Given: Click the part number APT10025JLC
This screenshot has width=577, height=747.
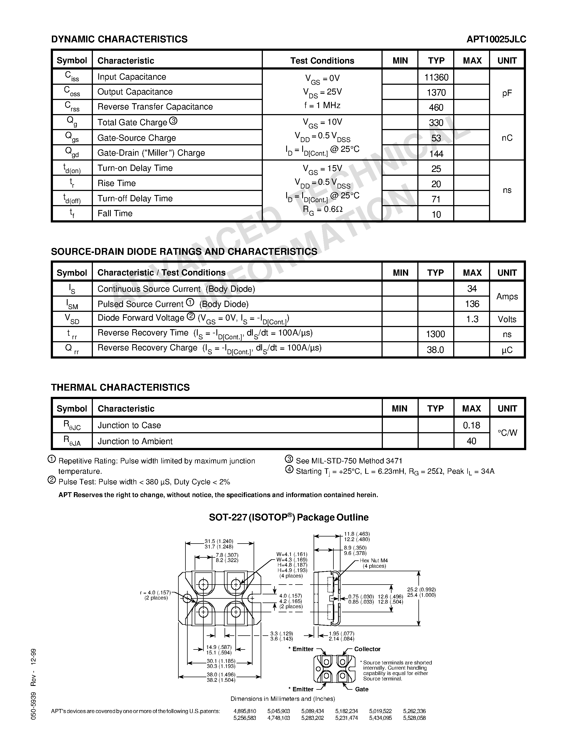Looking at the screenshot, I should point(496,39).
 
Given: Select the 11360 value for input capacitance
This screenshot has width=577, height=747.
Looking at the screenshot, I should point(436,77).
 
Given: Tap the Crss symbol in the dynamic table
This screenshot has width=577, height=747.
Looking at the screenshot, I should point(72,107).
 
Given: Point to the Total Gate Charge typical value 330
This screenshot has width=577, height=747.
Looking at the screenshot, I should point(436,123).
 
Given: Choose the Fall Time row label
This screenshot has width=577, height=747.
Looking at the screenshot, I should point(115,214).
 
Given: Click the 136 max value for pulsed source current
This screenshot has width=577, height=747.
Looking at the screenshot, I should point(472,304).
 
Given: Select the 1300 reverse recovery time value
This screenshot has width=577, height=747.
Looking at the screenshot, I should point(435,334).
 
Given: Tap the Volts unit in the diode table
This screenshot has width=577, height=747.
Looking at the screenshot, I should point(507,319).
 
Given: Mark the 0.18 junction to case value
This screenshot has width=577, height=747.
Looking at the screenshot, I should point(471,425).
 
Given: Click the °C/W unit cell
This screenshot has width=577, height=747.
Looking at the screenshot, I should point(507,433).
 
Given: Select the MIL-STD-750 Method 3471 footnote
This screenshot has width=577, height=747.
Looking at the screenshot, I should point(349,461).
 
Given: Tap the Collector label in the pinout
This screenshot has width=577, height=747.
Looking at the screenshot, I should point(367,649).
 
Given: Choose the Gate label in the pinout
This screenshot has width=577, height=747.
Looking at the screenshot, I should point(361,689).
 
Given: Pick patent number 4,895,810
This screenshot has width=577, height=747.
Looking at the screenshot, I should point(244,711).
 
